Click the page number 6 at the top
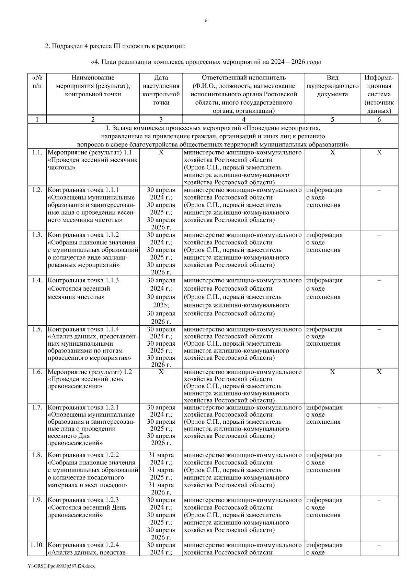(x=206, y=21)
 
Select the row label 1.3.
(x=37, y=235)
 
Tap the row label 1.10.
(x=37, y=545)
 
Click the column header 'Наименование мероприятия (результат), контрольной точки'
(x=93, y=86)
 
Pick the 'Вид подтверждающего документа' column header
(x=332, y=86)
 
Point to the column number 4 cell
(x=243, y=120)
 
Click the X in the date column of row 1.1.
(x=161, y=152)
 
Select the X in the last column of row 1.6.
(x=379, y=372)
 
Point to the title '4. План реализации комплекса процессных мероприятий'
(x=206, y=62)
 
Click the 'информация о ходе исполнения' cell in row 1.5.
(x=324, y=336)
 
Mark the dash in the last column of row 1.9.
(x=379, y=501)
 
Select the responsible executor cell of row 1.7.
(x=243, y=422)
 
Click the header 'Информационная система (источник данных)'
(x=379, y=94)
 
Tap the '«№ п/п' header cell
(x=37, y=82)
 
